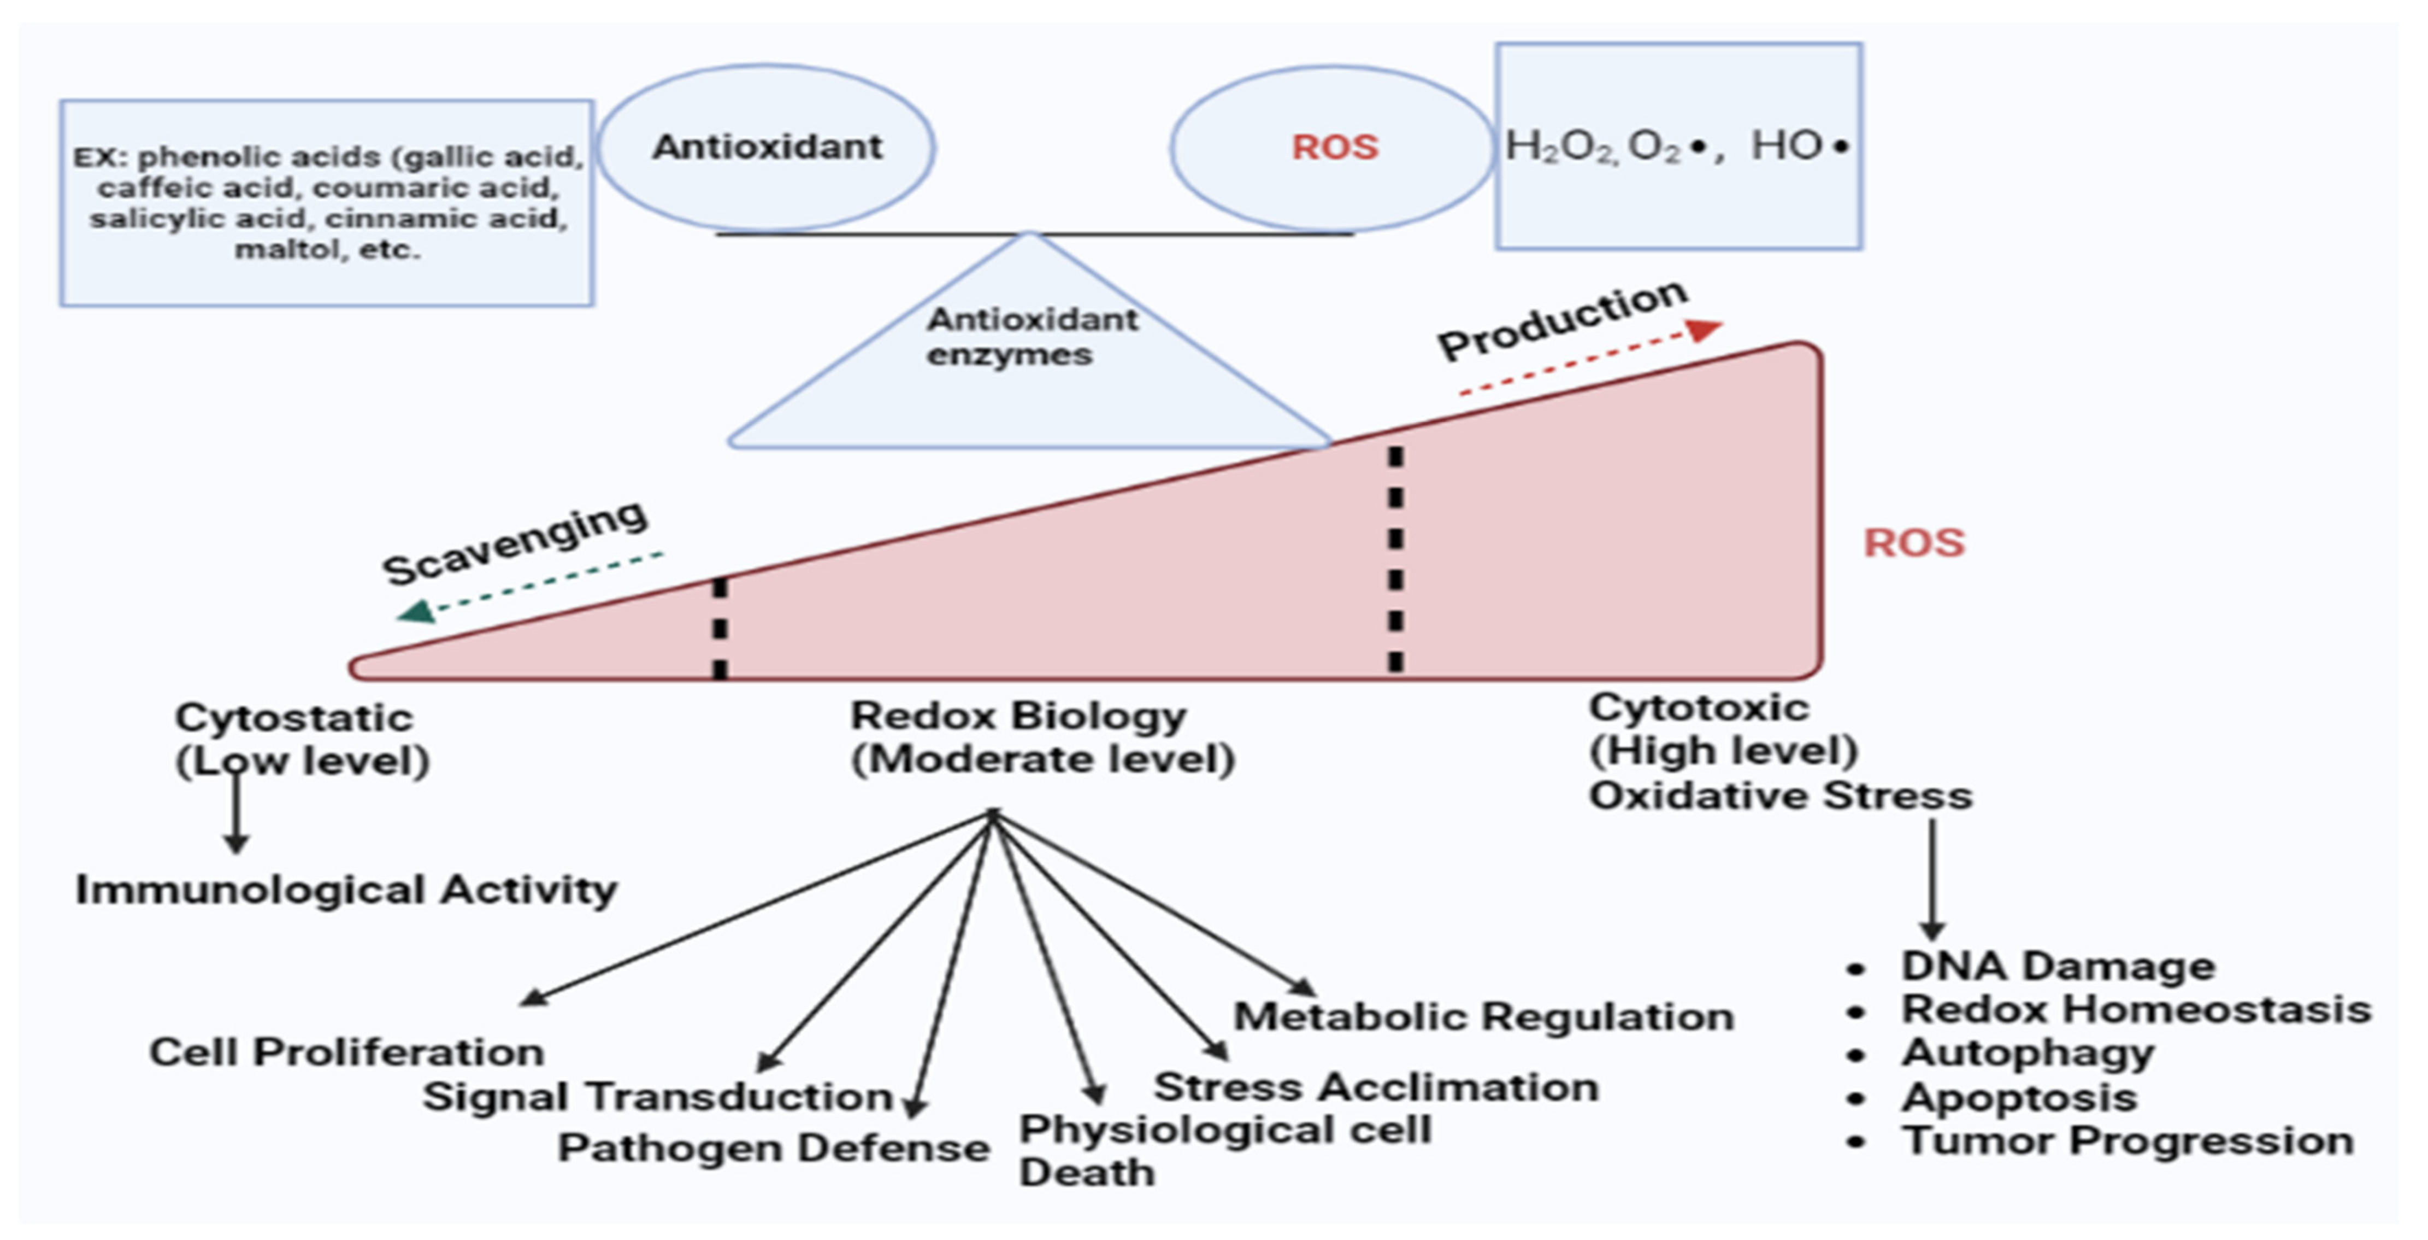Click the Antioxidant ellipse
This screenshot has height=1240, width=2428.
pos(767,147)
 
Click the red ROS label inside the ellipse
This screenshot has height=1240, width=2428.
pos(1335,147)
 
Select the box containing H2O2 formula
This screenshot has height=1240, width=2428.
pos(1678,146)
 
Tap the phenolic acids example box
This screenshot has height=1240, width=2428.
pos(327,203)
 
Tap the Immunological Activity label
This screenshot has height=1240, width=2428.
pos(346,889)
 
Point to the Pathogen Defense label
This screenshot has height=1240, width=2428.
pos(773,1148)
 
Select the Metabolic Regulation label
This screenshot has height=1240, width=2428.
pos(1483,1016)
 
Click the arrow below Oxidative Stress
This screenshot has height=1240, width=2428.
pos(1932,877)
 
